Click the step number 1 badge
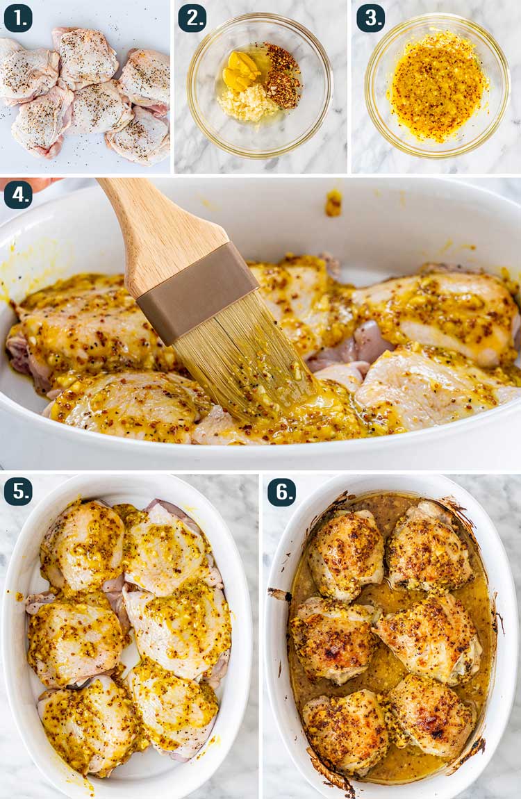point(18,18)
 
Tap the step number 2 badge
point(192,18)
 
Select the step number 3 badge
point(371,18)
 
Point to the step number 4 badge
point(18,195)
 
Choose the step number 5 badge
point(18,491)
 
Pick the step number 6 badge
point(282,492)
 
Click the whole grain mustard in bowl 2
point(283,76)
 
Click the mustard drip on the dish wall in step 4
point(333,202)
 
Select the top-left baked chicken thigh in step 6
point(346,554)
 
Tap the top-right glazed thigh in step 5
point(167,545)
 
